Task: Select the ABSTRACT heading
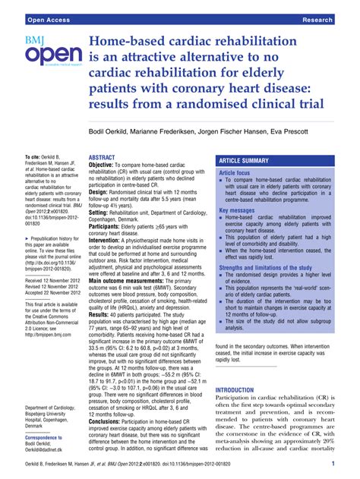pyautogui.click(x=103, y=158)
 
